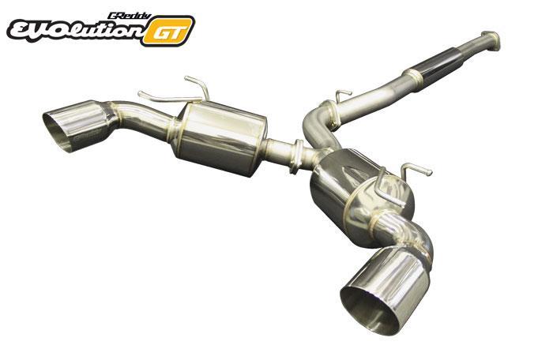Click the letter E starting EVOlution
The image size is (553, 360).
click(x=21, y=31)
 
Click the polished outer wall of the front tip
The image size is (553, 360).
click(x=395, y=272)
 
